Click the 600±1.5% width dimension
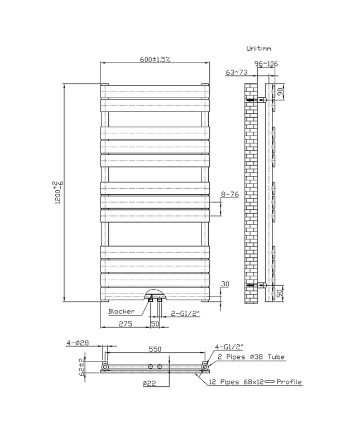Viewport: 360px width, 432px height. [156, 60]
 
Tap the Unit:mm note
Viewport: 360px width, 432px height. [260, 49]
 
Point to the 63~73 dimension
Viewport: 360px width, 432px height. [237, 72]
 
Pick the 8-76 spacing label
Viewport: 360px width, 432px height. [231, 194]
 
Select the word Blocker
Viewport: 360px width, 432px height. [121, 311]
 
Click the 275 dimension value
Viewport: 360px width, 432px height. [125, 324]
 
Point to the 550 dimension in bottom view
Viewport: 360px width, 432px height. [155, 349]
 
